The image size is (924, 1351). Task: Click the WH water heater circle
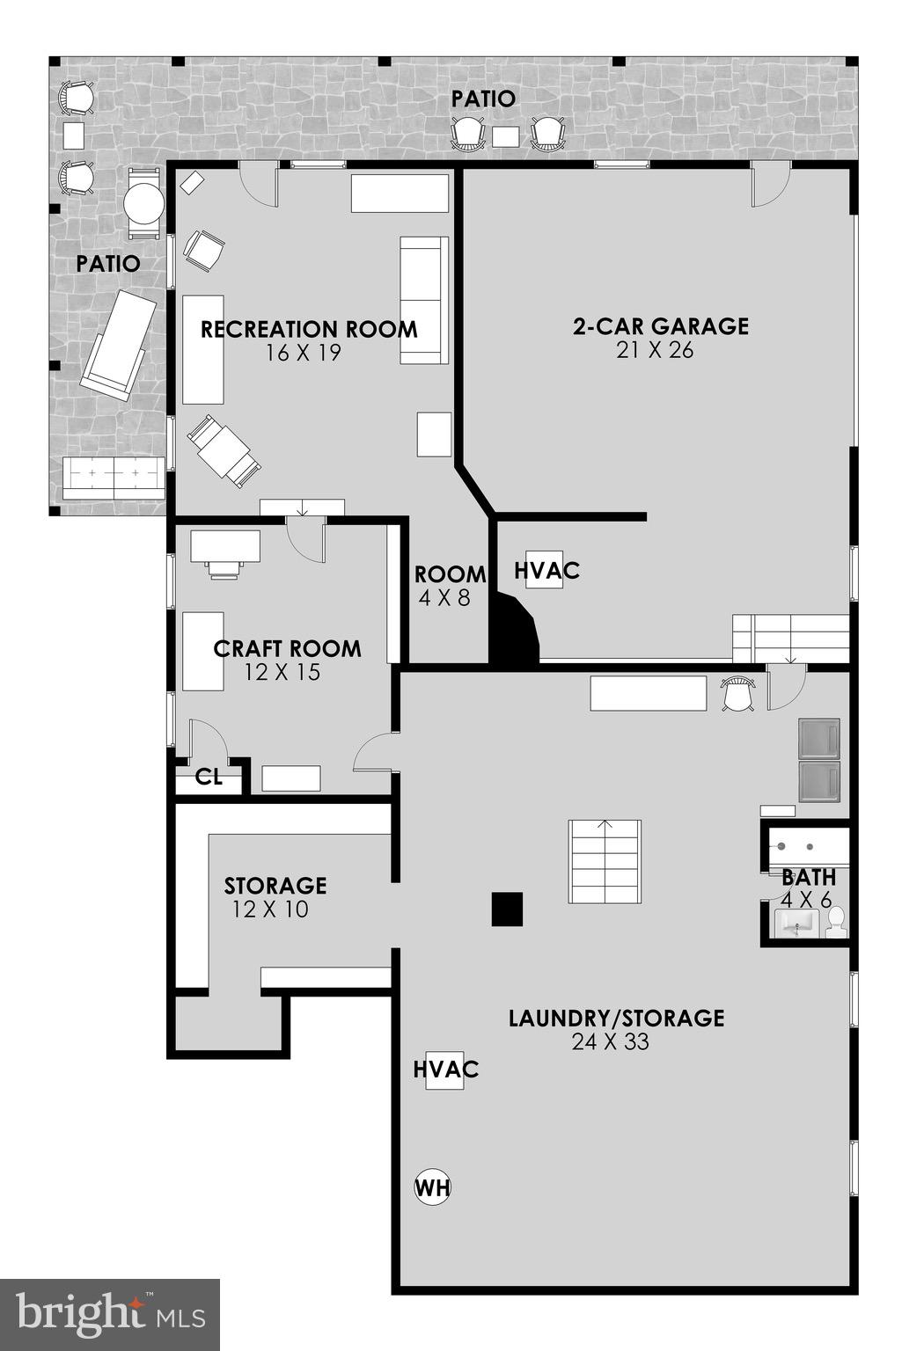click(432, 1188)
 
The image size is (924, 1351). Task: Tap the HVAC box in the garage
click(545, 571)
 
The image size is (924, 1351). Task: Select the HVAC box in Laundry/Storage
click(444, 1070)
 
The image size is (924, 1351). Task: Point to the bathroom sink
click(797, 924)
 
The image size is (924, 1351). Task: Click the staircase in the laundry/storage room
click(605, 861)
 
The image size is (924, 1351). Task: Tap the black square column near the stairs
click(507, 909)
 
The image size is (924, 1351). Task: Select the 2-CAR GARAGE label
click(660, 326)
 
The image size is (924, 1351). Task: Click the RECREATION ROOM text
click(309, 330)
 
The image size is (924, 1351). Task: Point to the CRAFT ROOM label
click(287, 649)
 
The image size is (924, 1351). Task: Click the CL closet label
click(209, 778)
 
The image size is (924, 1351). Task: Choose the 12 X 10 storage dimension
click(270, 909)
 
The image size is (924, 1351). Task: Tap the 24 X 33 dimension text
click(610, 1042)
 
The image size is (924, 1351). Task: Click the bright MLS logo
click(110, 1314)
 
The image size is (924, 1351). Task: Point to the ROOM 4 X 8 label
click(450, 586)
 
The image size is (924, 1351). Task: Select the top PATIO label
click(483, 99)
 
